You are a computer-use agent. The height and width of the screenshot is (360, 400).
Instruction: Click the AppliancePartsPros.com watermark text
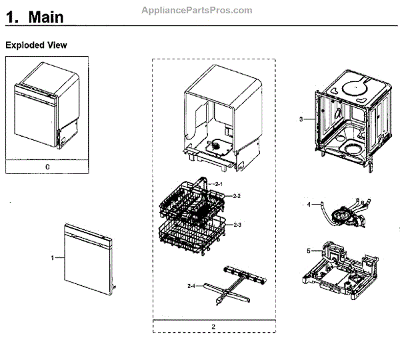point(197,10)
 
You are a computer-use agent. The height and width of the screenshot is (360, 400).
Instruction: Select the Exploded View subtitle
point(36,45)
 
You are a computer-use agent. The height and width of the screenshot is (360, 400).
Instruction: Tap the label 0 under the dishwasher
point(47,167)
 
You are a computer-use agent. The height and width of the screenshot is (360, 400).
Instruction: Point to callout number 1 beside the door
point(52,257)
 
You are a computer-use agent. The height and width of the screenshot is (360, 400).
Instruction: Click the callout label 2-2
point(236,195)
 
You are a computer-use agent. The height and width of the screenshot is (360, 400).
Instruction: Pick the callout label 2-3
point(236,226)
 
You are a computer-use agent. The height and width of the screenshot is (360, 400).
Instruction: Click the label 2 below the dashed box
point(213,327)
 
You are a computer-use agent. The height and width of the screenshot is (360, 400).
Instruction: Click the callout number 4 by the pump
point(308,205)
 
